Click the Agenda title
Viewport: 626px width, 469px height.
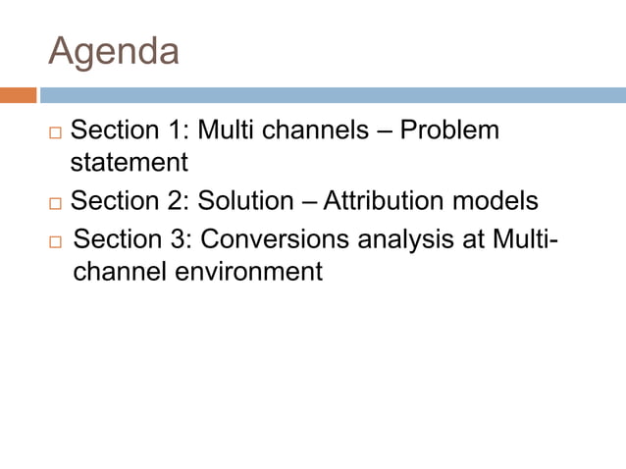coord(114,51)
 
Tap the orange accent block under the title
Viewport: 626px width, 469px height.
coord(18,95)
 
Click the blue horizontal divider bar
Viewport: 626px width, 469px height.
coord(332,95)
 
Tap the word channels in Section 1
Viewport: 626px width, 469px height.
coord(314,130)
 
